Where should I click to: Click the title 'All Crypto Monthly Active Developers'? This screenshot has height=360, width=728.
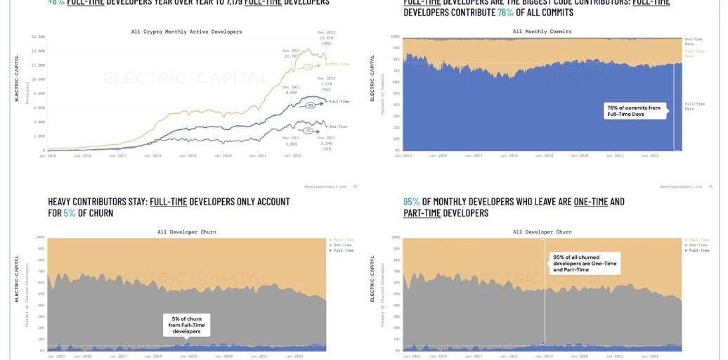[x=186, y=32]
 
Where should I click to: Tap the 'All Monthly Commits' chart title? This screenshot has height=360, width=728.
[x=542, y=32]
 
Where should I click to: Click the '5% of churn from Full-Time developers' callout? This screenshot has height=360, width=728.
[x=185, y=324]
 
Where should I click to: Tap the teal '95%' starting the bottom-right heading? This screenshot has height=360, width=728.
[x=412, y=202]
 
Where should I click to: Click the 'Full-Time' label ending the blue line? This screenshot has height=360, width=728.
[x=339, y=101]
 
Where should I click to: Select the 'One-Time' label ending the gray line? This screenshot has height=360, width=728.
[x=339, y=126]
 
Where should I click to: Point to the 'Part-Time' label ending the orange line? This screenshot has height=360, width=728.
[x=339, y=64]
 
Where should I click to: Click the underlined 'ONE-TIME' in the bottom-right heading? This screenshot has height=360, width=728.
[x=591, y=202]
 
